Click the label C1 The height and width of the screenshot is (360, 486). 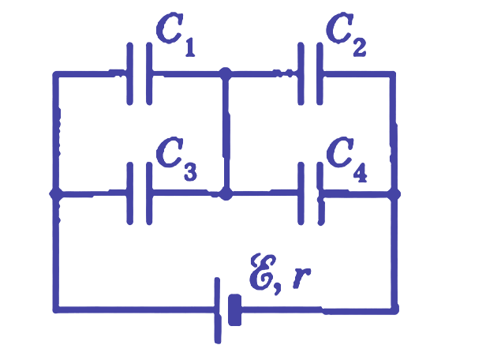[x=175, y=35]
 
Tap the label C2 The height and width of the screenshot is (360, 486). [x=346, y=35]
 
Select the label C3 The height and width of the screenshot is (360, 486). [x=176, y=158]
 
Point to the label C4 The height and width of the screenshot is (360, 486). [x=346, y=159]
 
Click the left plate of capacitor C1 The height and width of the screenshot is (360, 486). [x=130, y=73]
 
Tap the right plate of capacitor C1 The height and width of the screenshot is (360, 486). [x=149, y=73]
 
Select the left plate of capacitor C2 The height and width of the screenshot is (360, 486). [x=301, y=73]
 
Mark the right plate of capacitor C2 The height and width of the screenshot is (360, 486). [x=320, y=73]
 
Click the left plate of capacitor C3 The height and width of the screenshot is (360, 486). [x=130, y=193]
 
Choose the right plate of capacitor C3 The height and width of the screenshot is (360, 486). [x=149, y=193]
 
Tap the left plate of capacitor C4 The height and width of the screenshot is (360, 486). [x=301, y=193]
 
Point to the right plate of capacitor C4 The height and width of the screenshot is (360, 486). [x=320, y=193]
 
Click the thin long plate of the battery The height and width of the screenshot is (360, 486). [x=218, y=310]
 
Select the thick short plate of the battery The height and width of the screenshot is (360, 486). [x=234, y=309]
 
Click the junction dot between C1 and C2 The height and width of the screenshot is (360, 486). [x=226, y=73]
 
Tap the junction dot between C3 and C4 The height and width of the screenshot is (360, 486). [x=226, y=193]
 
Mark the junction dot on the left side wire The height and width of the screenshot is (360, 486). [x=56, y=194]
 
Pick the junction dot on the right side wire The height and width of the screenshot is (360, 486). [x=394, y=193]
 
